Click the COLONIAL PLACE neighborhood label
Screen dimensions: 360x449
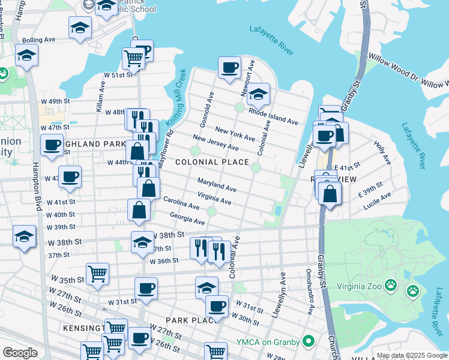[212, 163]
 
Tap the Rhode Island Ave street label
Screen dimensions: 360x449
[273, 117]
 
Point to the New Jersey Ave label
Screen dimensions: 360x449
[215, 143]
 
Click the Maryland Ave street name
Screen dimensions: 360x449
[217, 185]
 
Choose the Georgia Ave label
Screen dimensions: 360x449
[187, 218]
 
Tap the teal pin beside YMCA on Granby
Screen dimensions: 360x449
[309, 342]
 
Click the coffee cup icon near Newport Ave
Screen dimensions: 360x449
[229, 68]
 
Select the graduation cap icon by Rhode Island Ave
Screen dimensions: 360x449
[258, 95]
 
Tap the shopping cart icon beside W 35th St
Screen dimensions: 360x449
[97, 274]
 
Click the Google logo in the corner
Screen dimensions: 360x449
[20, 353]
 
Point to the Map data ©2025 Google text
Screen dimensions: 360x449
[412, 355]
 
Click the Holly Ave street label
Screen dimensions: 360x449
[382, 153]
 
